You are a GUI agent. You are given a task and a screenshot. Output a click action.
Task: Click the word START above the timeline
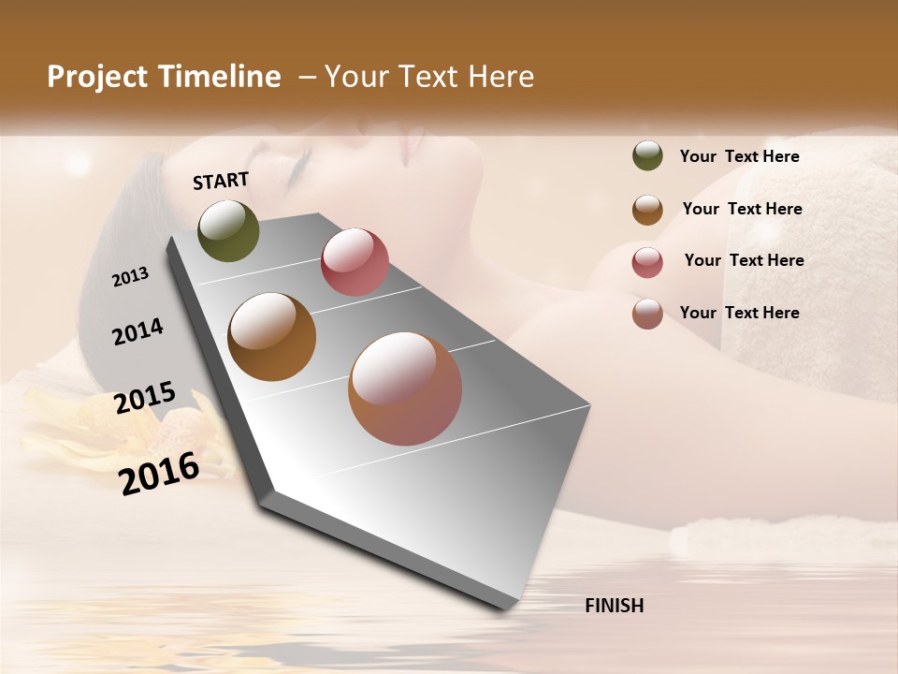(221, 181)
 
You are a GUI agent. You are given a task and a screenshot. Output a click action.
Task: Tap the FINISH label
(615, 606)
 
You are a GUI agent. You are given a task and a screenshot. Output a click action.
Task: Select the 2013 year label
(131, 276)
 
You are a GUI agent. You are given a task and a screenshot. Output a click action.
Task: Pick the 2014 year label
(138, 331)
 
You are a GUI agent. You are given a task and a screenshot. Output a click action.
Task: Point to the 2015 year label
(145, 398)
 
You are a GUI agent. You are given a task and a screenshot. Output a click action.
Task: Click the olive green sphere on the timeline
(228, 230)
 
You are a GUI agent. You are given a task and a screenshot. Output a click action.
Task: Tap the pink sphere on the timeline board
(355, 262)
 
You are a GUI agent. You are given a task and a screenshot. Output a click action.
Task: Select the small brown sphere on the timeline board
(272, 337)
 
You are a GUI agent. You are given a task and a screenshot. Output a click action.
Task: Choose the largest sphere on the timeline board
(405, 388)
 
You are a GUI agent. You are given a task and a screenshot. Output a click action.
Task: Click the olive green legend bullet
(647, 156)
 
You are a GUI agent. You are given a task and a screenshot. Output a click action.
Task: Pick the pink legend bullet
(647, 262)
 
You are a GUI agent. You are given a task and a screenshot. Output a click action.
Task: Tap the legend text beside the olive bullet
(739, 157)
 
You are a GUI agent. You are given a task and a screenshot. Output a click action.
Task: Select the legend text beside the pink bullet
(744, 260)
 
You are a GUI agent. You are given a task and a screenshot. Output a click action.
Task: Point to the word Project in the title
(98, 77)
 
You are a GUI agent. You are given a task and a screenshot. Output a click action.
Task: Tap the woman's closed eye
(301, 168)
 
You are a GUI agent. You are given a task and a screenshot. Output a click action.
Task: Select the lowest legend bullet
(647, 314)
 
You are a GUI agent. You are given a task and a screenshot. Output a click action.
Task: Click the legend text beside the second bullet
(742, 209)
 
